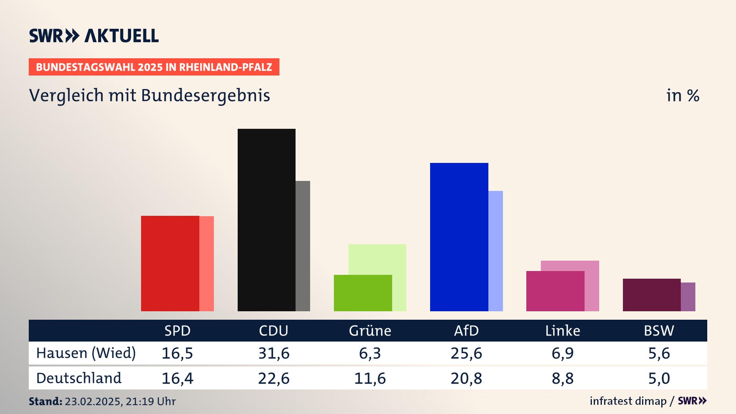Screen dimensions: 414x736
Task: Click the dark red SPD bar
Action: point(170,263)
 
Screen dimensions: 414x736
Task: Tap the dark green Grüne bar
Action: point(363,293)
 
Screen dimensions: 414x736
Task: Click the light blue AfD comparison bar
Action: point(496,251)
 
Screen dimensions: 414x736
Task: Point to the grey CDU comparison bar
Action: point(303,246)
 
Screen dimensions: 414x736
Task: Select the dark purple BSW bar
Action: point(651,295)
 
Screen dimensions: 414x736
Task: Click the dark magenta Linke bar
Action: point(555,291)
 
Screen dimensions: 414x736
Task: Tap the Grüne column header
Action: point(370,330)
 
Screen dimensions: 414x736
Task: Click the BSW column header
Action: point(659,330)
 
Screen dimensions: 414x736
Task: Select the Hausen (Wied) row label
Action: point(86,353)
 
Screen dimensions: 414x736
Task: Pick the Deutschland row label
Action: point(79,378)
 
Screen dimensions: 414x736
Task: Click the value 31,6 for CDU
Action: point(274,353)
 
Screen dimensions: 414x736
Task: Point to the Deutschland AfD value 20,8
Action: point(466,378)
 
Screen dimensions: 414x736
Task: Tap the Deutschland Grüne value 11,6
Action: point(370,378)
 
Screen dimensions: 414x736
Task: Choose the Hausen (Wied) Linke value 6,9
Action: point(562,353)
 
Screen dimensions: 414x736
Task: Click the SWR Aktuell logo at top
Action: point(94,36)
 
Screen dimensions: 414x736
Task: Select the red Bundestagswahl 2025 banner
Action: point(154,67)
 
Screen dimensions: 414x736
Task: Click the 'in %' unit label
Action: point(682,95)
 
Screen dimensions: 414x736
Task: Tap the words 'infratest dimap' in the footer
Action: point(628,401)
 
